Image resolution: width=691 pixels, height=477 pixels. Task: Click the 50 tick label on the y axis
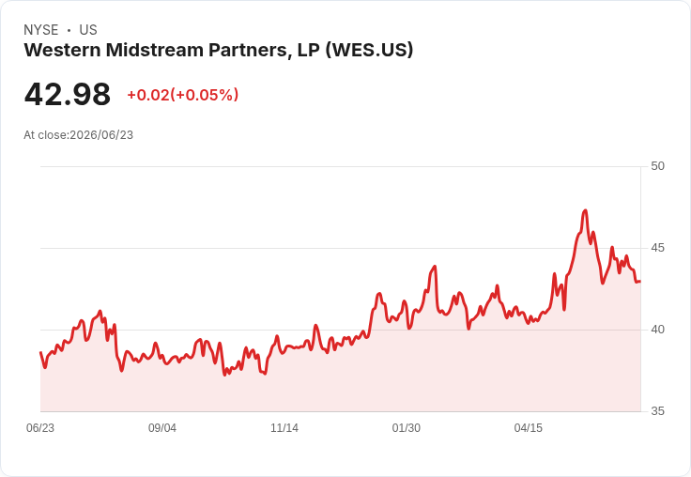(x=657, y=166)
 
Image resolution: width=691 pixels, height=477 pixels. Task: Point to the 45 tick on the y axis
(x=657, y=248)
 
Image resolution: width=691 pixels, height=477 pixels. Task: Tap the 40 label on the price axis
(x=657, y=330)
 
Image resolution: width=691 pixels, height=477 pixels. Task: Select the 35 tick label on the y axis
(x=657, y=411)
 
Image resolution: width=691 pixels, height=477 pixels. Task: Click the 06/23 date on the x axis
(x=40, y=428)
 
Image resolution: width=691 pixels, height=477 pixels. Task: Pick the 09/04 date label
(x=162, y=428)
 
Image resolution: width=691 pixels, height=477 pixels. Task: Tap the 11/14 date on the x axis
(x=284, y=428)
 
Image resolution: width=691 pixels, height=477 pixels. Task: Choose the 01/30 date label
(x=407, y=428)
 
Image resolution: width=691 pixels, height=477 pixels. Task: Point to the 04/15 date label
(x=529, y=428)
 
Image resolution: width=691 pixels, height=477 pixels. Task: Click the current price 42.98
(x=68, y=94)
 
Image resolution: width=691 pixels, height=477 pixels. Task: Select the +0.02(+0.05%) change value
(x=183, y=95)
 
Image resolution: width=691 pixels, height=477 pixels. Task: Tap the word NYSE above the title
(x=41, y=30)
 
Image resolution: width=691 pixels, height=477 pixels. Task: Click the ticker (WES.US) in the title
(x=369, y=50)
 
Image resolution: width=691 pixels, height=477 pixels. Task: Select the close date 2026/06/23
(x=101, y=135)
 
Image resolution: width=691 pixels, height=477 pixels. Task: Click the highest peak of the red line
(x=585, y=210)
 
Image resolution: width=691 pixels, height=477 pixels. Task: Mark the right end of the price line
(x=640, y=282)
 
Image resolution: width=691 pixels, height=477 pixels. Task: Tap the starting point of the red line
(x=40, y=352)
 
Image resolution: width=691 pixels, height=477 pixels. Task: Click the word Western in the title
(x=63, y=50)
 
